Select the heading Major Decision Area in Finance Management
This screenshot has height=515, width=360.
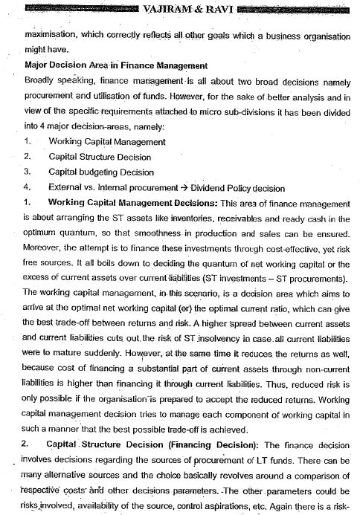click(112, 66)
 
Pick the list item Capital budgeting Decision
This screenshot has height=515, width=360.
click(101, 172)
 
